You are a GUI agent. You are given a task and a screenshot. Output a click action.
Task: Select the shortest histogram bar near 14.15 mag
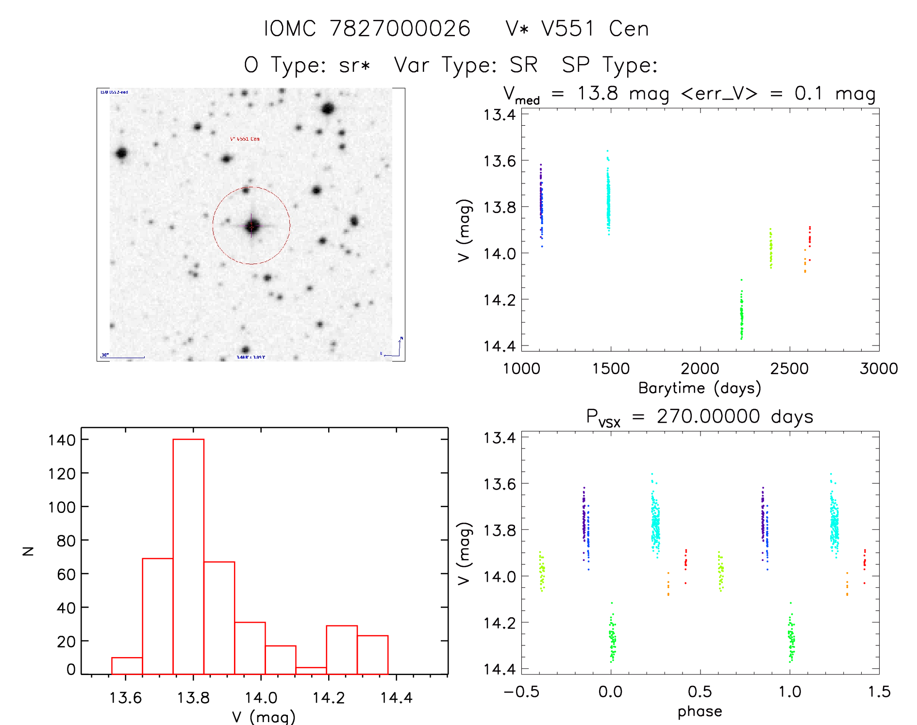[x=311, y=671]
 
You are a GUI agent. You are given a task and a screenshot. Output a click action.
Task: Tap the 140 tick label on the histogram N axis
[x=62, y=440]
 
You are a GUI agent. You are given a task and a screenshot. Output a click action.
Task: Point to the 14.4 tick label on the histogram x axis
[x=396, y=698]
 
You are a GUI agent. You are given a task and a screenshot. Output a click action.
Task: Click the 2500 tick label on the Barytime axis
[x=789, y=369]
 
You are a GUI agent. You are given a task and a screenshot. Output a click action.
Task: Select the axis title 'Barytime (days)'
[x=700, y=388]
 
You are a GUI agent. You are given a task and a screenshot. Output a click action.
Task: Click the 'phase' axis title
[x=700, y=711]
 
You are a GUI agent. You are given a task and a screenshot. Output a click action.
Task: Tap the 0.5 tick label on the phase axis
[x=700, y=692]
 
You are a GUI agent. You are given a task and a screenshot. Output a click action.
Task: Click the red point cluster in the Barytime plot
[x=809, y=238]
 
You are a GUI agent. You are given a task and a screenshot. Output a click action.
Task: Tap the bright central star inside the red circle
[x=251, y=226]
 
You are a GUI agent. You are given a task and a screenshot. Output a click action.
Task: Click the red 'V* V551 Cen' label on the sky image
[x=245, y=139]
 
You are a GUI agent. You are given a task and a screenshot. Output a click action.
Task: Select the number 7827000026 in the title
[x=400, y=29]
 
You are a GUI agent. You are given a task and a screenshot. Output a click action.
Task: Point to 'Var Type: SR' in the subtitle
[x=466, y=65]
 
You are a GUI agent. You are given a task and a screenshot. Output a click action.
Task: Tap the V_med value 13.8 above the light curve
[x=598, y=94]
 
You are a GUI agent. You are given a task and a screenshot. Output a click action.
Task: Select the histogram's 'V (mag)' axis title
[x=264, y=717]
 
